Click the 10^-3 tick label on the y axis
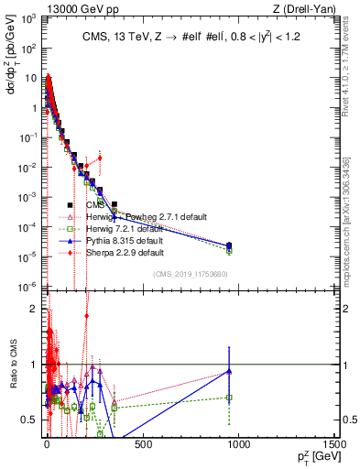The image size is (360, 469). pos(28,197)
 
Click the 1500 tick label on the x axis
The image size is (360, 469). pos(335,444)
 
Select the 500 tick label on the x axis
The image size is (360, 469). pos(143,444)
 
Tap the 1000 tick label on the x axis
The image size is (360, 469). pos(238,444)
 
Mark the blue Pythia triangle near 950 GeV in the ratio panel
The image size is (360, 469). pos(229,372)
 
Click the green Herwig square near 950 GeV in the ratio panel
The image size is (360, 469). pos(229,398)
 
